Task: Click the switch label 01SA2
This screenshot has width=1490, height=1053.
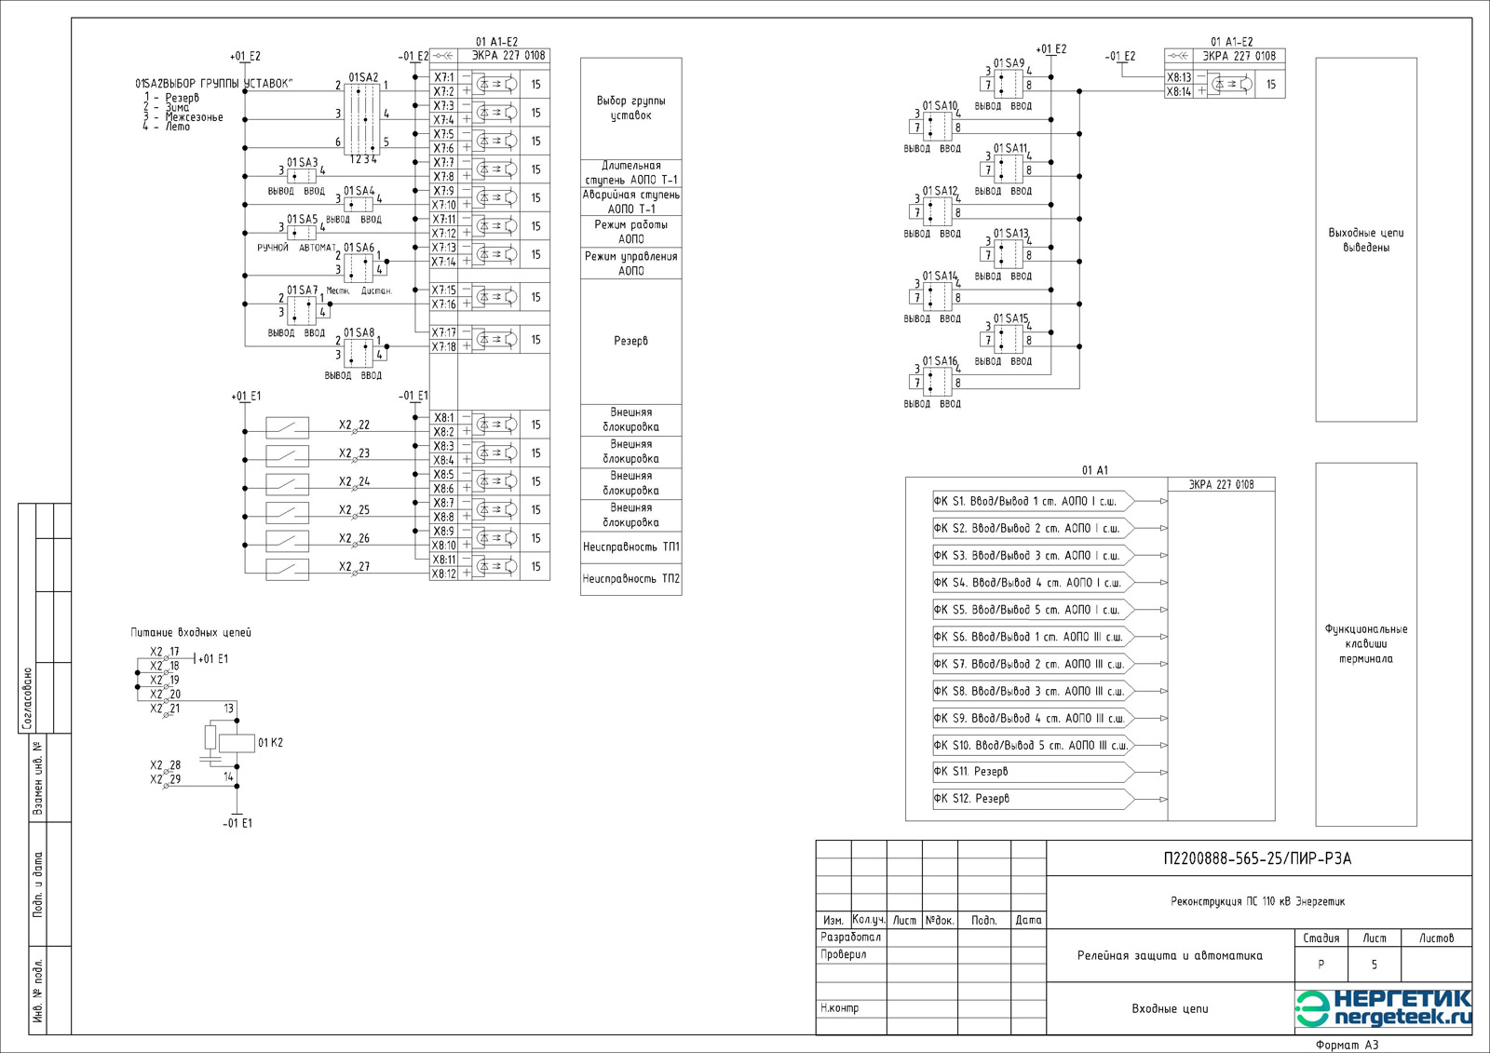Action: point(363,77)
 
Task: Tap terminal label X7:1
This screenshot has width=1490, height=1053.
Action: point(444,77)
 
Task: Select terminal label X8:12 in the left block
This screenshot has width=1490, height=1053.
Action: point(444,574)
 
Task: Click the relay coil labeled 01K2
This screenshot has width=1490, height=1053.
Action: point(237,743)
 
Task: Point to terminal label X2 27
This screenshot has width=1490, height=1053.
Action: point(354,566)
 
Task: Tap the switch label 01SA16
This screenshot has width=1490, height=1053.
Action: point(940,361)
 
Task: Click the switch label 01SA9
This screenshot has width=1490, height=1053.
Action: point(1009,63)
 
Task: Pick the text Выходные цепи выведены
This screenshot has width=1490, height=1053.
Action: point(1365,240)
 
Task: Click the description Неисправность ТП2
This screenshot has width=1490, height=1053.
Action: point(630,579)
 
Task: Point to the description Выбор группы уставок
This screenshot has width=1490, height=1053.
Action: point(630,108)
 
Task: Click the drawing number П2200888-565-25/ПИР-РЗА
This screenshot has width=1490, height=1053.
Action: point(1257,858)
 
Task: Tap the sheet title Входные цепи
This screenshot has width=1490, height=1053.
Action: point(1170,1008)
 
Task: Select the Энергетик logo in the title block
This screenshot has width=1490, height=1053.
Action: point(1384,1008)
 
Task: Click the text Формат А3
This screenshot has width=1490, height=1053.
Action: point(1347,1045)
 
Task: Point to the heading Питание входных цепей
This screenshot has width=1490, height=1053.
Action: point(191,632)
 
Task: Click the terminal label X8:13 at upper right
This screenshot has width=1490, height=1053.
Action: point(1178,77)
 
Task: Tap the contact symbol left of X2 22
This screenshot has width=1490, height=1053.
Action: point(288,426)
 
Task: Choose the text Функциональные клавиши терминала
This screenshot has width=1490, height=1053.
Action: point(1365,643)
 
